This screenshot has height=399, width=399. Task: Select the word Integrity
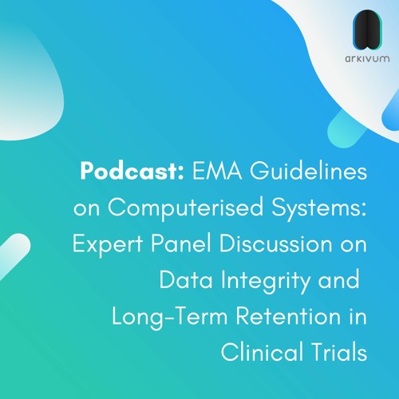click(260, 279)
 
